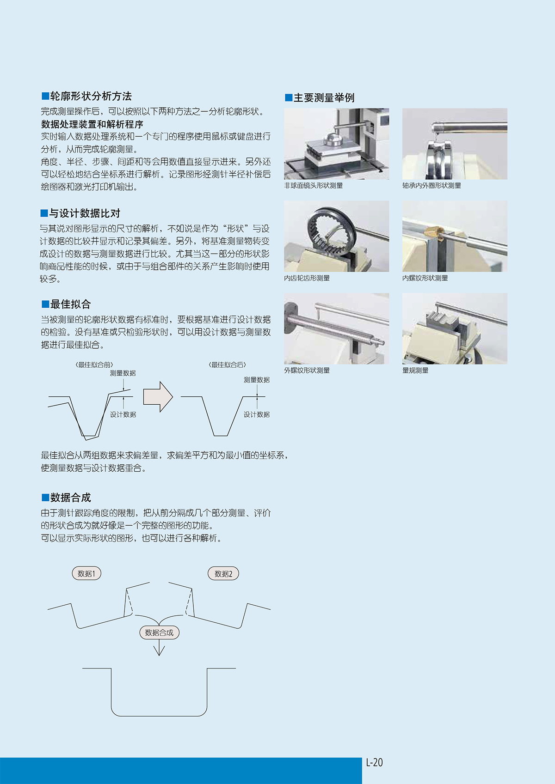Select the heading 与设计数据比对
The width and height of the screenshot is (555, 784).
[x=85, y=213]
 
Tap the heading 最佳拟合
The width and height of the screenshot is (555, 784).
[x=70, y=304]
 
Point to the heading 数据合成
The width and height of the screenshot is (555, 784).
[x=70, y=498]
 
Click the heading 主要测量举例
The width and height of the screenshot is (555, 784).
[x=324, y=97]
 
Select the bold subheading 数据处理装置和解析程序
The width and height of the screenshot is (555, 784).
[x=92, y=124]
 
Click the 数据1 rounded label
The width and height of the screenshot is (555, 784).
[x=86, y=574]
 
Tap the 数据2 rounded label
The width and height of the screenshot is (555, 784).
[x=223, y=574]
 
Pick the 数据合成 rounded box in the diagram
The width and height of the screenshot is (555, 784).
[x=160, y=632]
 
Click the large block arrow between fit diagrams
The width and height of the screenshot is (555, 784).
[x=158, y=396]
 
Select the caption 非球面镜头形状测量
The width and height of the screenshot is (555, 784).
[x=314, y=186]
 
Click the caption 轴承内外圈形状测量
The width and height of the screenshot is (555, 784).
[x=432, y=186]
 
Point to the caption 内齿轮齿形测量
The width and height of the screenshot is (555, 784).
[x=307, y=278]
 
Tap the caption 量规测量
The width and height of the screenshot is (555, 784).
[x=415, y=371]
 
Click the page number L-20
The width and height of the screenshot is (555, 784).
[x=374, y=762]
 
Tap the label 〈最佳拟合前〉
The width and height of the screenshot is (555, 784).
[x=94, y=365]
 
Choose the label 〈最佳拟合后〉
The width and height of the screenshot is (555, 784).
[x=228, y=365]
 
